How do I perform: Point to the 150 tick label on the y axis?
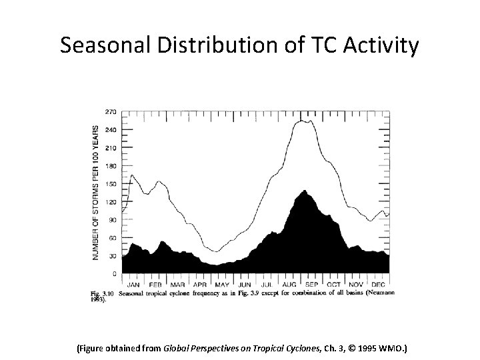pos(111,183)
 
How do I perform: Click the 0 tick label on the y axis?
pos(115,273)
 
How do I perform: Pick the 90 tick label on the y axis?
pos(113,219)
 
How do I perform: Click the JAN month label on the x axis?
pos(133,284)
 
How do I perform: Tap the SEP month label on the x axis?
pos(312,284)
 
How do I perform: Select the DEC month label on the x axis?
pos(379,284)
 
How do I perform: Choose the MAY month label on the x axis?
pos(222,284)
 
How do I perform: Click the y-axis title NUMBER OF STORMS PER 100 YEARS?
pos(96,193)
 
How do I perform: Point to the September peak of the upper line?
pos(305,120)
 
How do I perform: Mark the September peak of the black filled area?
pos(305,191)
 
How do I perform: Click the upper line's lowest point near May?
pos(215,251)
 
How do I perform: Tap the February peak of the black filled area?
pos(161,241)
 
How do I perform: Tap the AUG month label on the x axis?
pos(289,284)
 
